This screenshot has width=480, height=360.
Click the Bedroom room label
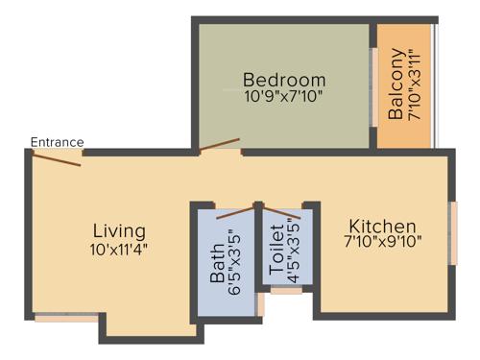pyautogui.click(x=284, y=79)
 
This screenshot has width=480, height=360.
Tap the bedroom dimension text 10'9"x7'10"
pyautogui.click(x=284, y=96)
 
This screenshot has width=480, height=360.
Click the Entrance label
pyautogui.click(x=57, y=142)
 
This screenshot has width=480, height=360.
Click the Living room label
pyautogui.click(x=119, y=231)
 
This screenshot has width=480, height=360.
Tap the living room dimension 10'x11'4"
pyautogui.click(x=119, y=249)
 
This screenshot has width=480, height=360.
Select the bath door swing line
pyautogui.click(x=236, y=212)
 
